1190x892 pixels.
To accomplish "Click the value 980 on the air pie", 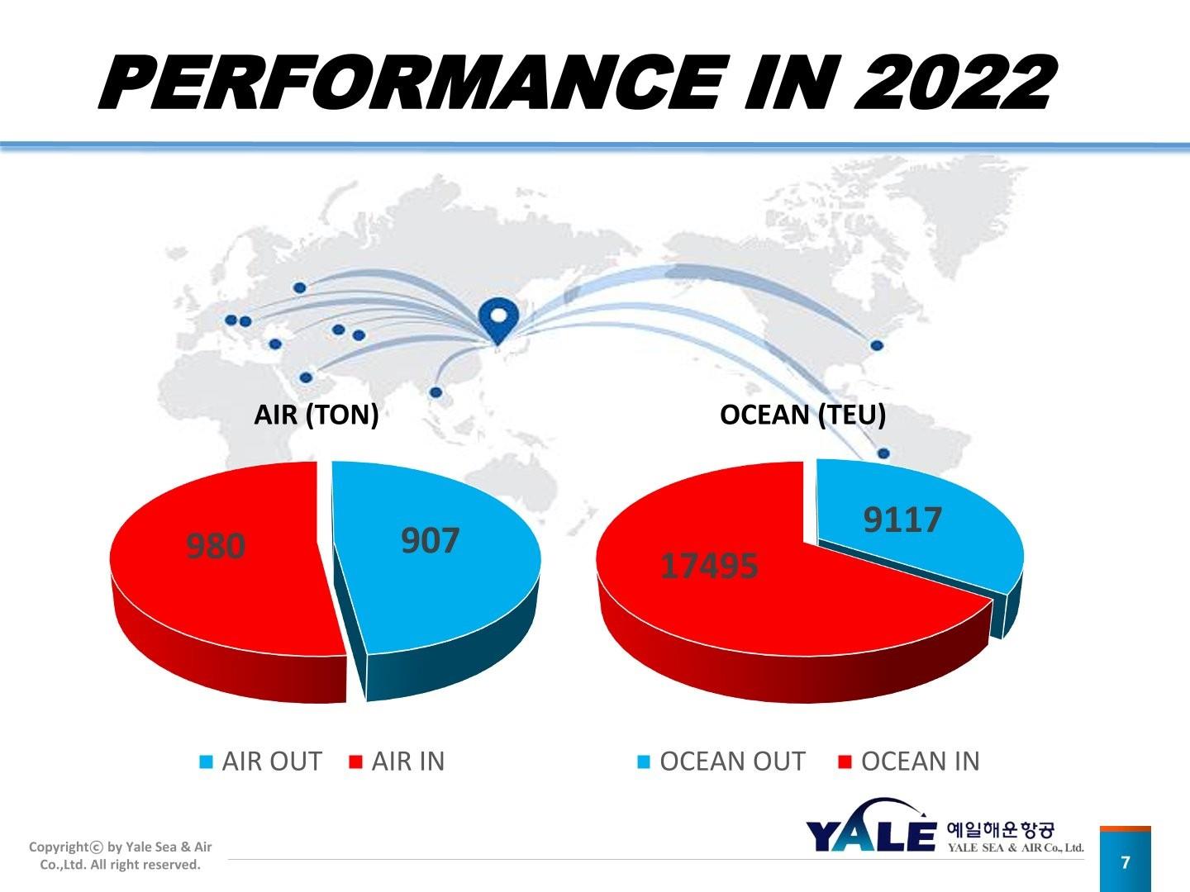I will [x=216, y=546].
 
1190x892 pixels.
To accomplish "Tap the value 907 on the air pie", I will [x=430, y=541].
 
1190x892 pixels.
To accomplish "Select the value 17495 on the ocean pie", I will [x=709, y=567].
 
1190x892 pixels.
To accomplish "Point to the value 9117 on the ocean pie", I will [x=902, y=520].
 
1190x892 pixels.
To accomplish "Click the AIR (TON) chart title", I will [x=316, y=415].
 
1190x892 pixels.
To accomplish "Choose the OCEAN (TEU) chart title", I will [x=802, y=415].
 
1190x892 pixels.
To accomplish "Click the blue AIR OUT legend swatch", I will [x=207, y=762].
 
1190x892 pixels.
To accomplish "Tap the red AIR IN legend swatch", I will [x=356, y=762].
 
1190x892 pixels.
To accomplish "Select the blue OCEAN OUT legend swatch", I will [x=644, y=762].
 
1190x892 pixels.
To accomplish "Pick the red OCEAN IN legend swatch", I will [x=845, y=762].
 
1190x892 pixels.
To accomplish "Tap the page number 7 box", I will [x=1125, y=863].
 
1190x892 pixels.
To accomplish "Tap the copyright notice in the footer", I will [x=121, y=856].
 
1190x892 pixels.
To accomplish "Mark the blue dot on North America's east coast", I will [x=878, y=345].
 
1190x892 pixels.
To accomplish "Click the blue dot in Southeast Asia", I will [x=436, y=392].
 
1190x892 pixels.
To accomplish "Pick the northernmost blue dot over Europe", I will [x=300, y=287].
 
